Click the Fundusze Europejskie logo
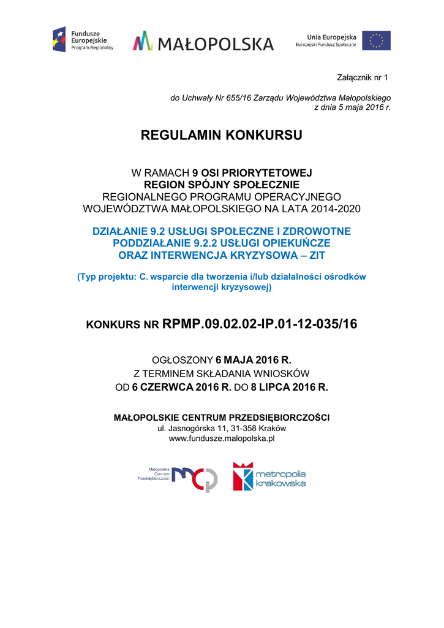click(x=83, y=40)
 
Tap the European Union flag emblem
click(x=376, y=40)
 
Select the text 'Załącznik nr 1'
click(x=363, y=77)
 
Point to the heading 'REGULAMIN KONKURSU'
click(x=222, y=136)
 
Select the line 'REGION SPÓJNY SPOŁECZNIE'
click(x=222, y=185)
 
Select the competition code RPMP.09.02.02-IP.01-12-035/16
click(x=260, y=324)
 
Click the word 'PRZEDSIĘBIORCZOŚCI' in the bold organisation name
click(x=279, y=418)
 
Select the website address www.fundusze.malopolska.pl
click(x=222, y=438)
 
